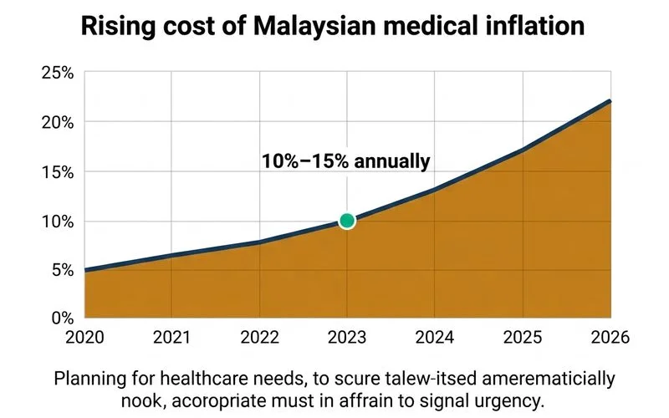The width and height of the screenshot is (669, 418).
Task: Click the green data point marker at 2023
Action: (347, 221)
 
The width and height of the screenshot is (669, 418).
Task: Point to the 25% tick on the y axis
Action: (58, 73)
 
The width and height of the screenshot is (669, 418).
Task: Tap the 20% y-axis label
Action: (58, 123)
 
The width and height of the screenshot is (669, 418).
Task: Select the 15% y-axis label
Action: (58, 172)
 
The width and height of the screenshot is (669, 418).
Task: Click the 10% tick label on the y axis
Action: (58, 222)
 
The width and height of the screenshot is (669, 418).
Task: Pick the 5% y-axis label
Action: (63, 270)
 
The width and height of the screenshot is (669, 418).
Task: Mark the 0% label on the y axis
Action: (63, 319)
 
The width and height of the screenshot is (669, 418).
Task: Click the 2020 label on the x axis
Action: (84, 338)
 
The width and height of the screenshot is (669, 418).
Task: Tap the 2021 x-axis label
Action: (171, 338)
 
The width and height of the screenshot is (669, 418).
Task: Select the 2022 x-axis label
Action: (259, 338)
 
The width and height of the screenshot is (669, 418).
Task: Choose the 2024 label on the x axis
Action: (435, 338)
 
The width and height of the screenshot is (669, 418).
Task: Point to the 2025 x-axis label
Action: (523, 338)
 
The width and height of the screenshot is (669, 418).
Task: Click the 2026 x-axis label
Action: (610, 338)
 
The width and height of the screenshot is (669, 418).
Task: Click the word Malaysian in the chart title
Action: (314, 26)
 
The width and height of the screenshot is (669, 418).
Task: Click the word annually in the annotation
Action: (392, 161)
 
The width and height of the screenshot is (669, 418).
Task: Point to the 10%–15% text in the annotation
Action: (305, 161)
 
